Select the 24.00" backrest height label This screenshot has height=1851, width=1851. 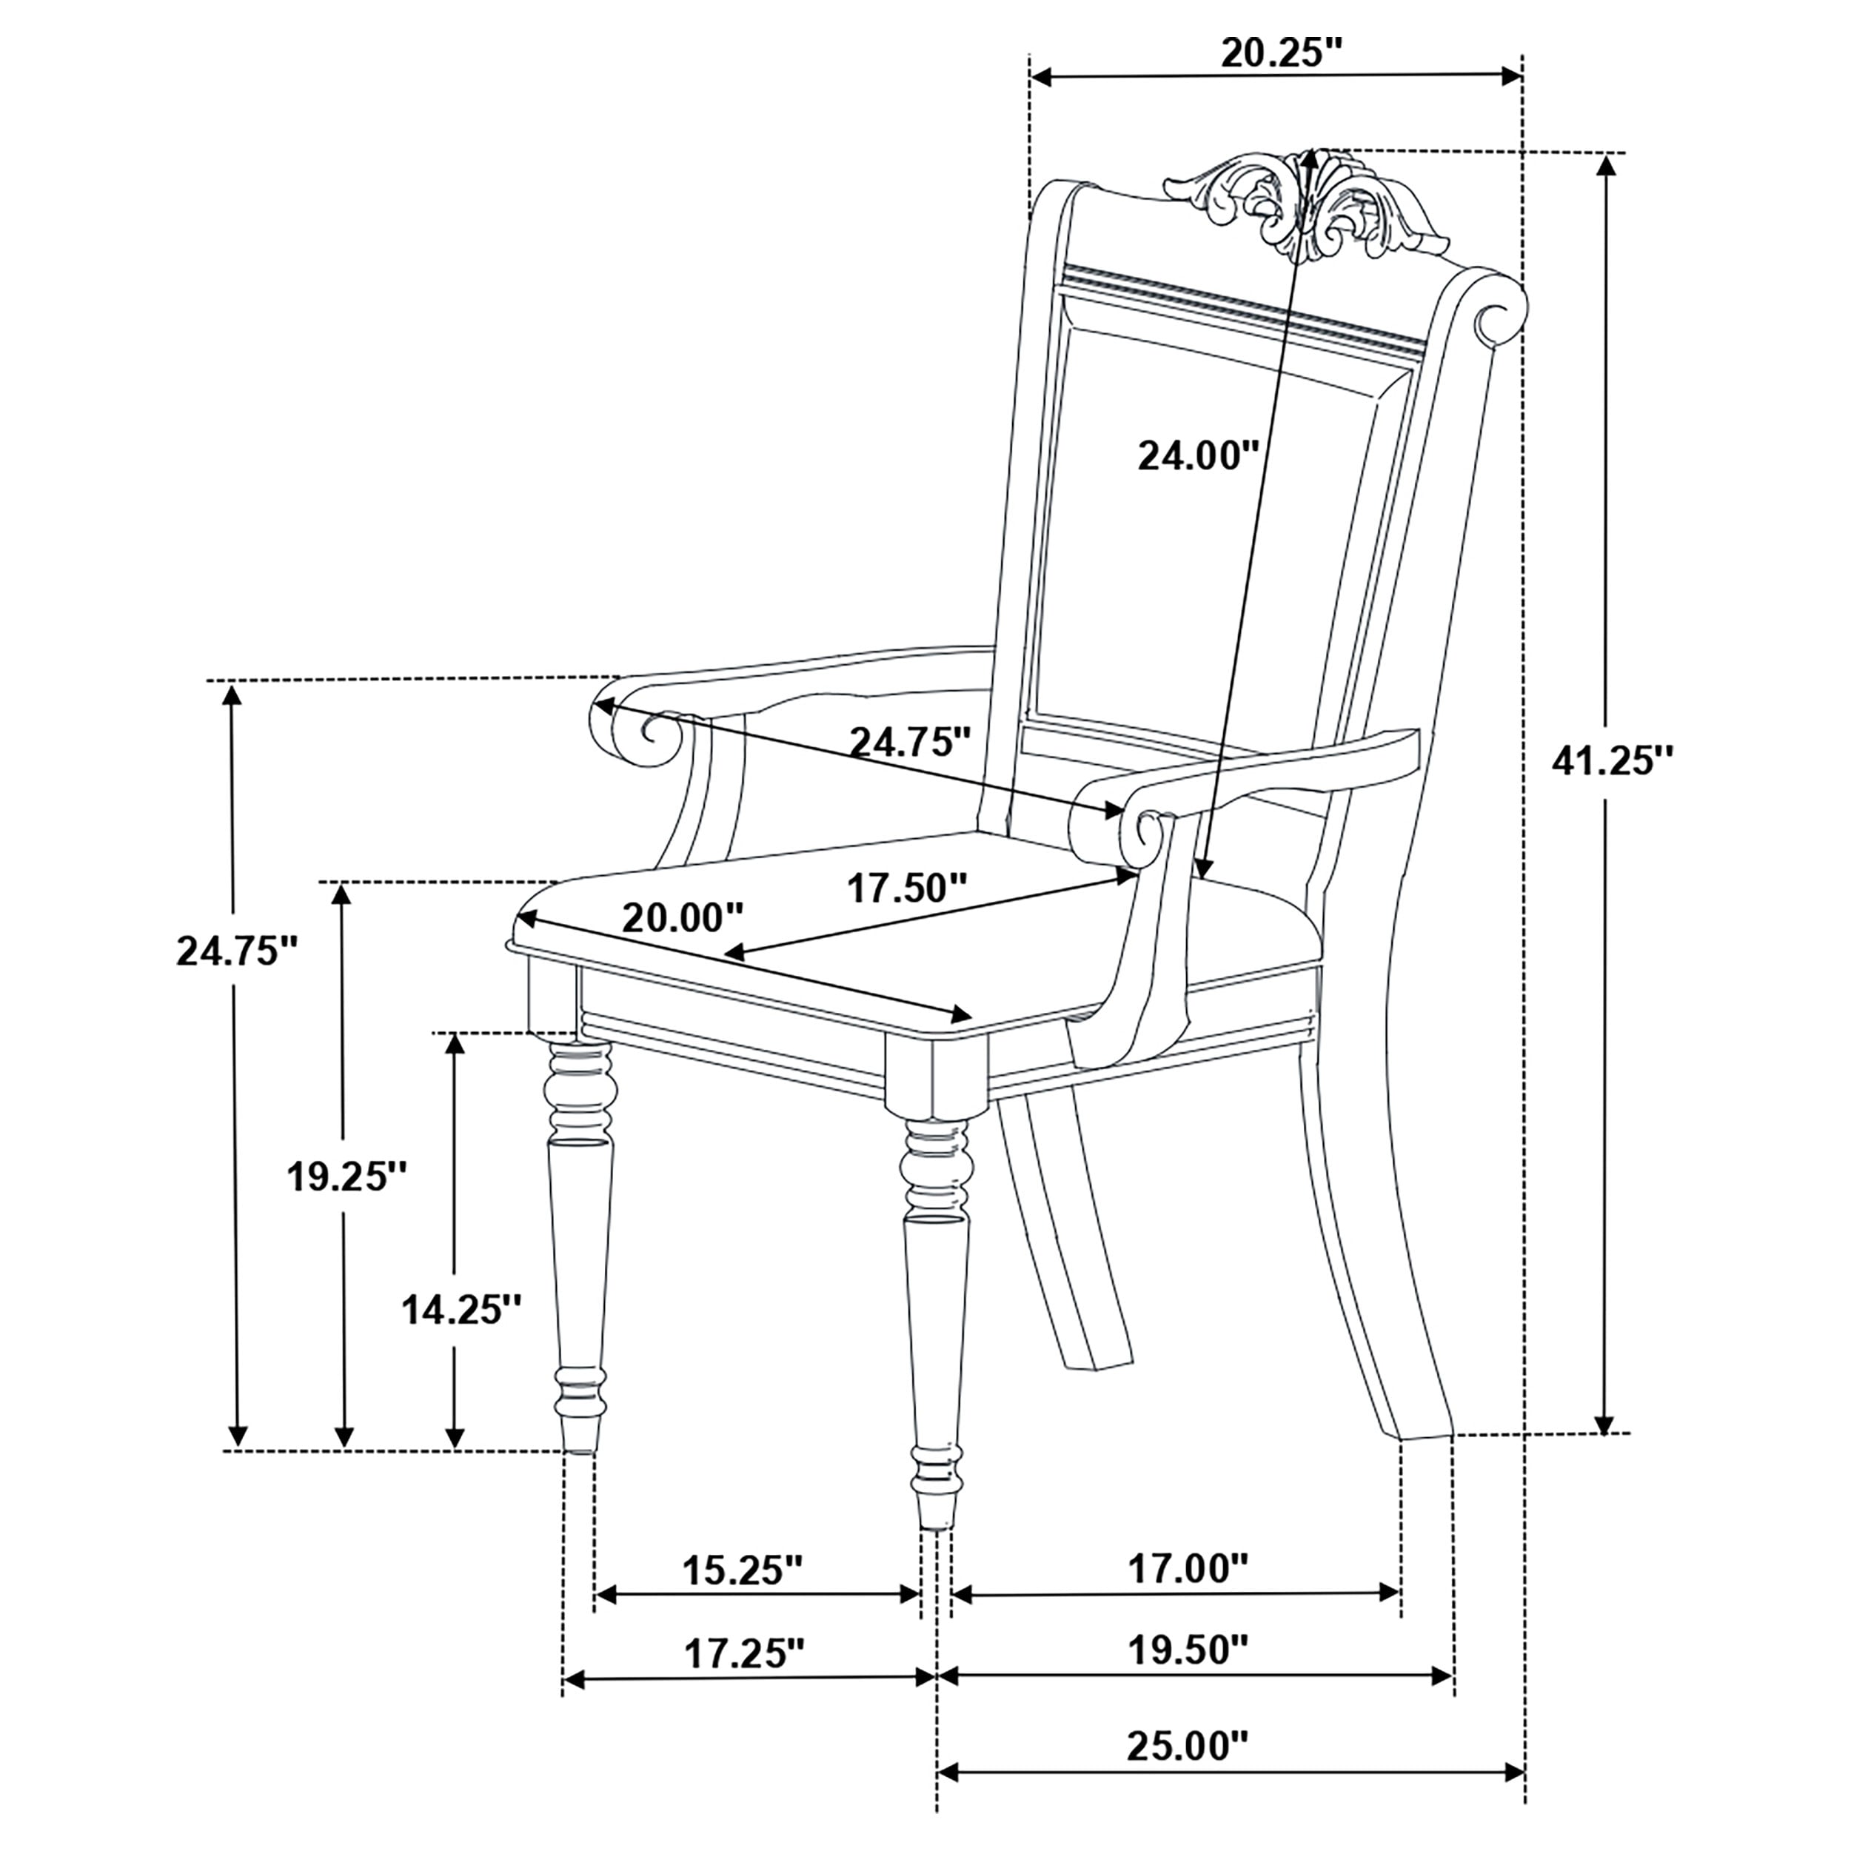(x=1196, y=455)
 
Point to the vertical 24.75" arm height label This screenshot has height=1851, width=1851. (x=238, y=951)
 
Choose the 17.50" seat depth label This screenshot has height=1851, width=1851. (x=907, y=888)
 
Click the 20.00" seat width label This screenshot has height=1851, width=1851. (x=682, y=918)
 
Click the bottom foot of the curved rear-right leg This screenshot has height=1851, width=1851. (x=1425, y=1461)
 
